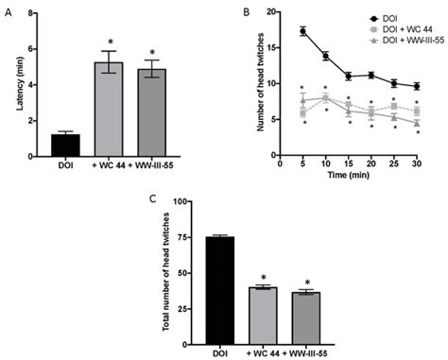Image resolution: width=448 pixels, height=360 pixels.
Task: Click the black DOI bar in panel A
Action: point(65,147)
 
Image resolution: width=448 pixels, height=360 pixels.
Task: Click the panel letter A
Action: point(8,10)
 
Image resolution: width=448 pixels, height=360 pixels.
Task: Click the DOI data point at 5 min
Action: point(302,31)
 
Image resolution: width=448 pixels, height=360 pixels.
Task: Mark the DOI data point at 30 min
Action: point(417,86)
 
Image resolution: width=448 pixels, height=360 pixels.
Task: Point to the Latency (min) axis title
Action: point(21,87)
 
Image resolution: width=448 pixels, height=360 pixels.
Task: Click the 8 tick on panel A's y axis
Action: point(35,14)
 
